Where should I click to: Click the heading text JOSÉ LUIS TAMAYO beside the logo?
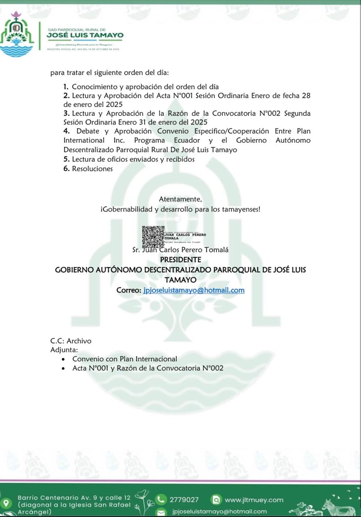(x=85, y=36)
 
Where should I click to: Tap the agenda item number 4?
(x=66, y=131)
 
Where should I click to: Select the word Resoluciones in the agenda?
(x=92, y=169)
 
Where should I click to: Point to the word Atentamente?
(x=180, y=199)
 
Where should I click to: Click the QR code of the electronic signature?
(x=153, y=237)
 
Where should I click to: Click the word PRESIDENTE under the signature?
(x=180, y=260)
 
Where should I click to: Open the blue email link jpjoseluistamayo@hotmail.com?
(x=194, y=290)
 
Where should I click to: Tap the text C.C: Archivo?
(x=71, y=341)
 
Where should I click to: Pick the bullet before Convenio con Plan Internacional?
(x=63, y=359)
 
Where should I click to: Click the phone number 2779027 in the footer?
(x=184, y=500)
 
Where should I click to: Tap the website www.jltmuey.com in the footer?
(x=254, y=500)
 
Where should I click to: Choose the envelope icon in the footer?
(x=161, y=512)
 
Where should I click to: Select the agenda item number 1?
(x=66, y=86)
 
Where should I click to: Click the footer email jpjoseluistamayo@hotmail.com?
(x=219, y=512)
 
